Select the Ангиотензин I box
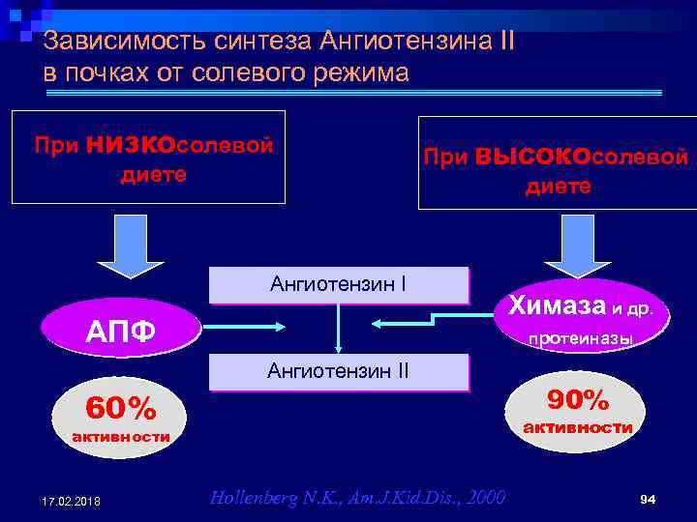tap(338, 284)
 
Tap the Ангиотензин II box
tap(338, 371)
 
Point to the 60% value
tap(120, 410)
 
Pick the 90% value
tap(578, 399)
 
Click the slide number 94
tap(649, 499)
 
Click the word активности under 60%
tap(121, 438)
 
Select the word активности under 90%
tap(578, 427)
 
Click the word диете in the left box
tap(153, 175)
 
